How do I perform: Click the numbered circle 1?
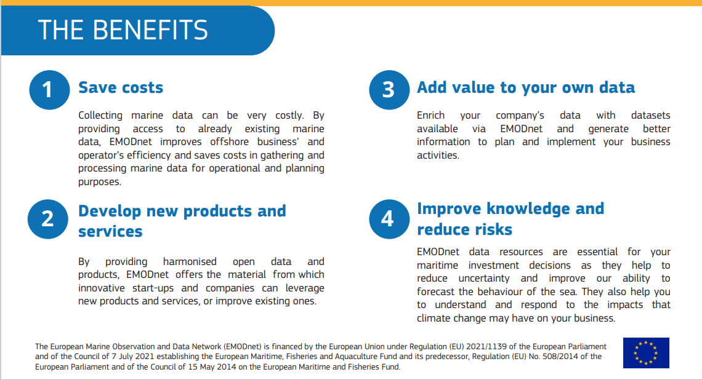pyautogui.click(x=49, y=90)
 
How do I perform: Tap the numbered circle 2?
pyautogui.click(x=48, y=219)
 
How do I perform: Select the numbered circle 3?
pyautogui.click(x=389, y=90)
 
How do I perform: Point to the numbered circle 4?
pyautogui.click(x=389, y=219)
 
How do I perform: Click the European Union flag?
pyautogui.click(x=646, y=353)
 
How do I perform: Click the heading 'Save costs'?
pyautogui.click(x=121, y=88)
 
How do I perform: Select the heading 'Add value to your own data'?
pyautogui.click(x=526, y=88)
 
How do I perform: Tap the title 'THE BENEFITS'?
pyautogui.click(x=123, y=30)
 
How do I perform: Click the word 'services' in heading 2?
pyautogui.click(x=110, y=232)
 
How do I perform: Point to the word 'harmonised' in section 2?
pyautogui.click(x=190, y=261)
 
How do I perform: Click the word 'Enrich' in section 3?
pyautogui.click(x=430, y=116)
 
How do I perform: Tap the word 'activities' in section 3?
pyautogui.click(x=438, y=155)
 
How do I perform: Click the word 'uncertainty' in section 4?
pyautogui.click(x=484, y=278)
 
